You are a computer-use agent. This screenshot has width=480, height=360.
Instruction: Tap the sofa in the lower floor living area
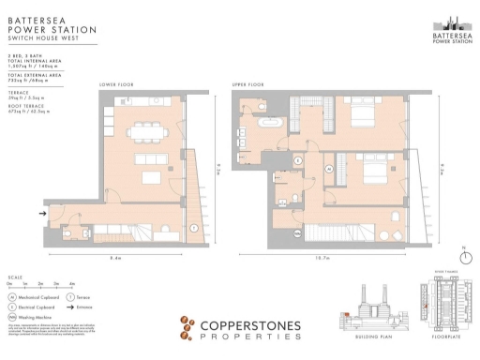tap(152, 175)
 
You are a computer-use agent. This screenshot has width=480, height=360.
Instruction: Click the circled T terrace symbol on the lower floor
tap(193, 228)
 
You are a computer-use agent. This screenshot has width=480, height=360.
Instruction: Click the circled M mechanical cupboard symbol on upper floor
tap(330, 168)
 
